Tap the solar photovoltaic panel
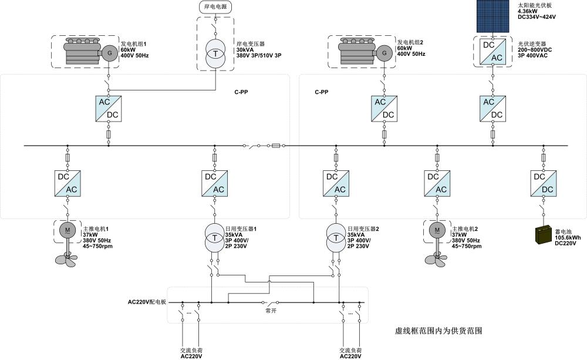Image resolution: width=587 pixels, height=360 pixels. tap(492, 16)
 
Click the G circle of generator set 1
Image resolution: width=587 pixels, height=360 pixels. tap(109, 53)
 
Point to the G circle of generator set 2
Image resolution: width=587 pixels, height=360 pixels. tap(384, 53)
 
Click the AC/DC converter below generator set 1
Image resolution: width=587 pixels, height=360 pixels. tap(109, 108)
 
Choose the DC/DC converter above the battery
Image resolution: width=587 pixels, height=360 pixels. tap(544, 183)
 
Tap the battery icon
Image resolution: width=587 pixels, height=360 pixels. tap(544, 234)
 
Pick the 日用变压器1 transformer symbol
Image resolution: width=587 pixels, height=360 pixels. tap(214, 235)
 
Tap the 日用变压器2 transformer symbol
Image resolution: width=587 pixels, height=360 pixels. tap(336, 235)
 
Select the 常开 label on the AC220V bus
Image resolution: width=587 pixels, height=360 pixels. tap(270, 311)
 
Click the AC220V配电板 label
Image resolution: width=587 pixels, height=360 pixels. tap(147, 302)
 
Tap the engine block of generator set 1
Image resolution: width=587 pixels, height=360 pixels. tap(82, 52)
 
